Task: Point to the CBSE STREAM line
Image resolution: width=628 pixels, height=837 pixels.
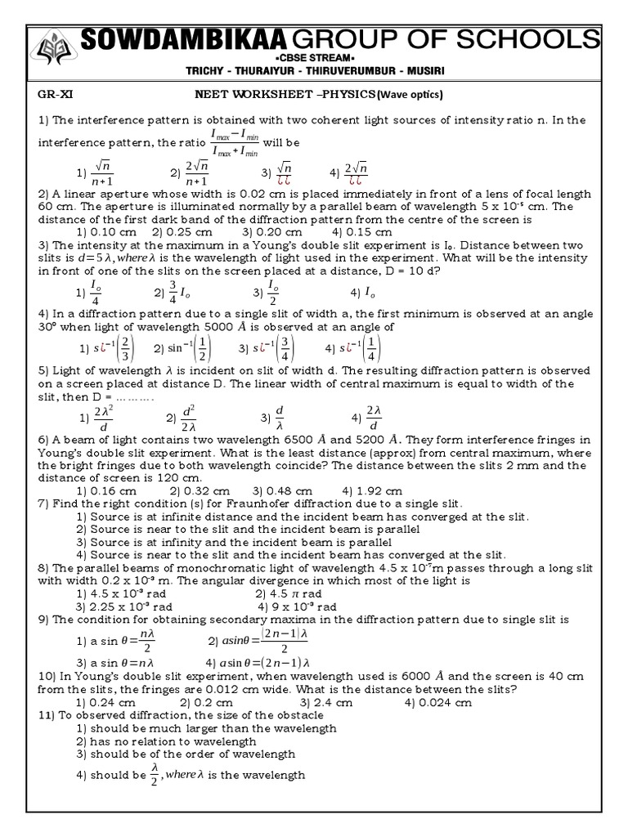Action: point(315,59)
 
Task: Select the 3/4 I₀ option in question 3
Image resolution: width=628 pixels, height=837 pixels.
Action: point(173,293)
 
